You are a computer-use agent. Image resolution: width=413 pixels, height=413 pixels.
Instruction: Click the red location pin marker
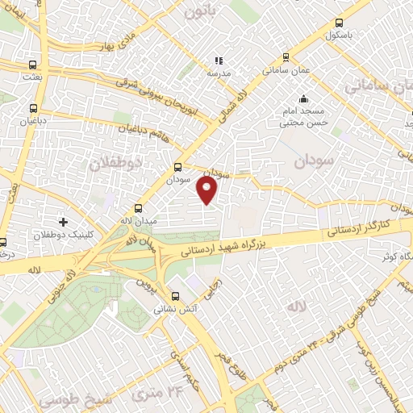pyautogui.click(x=207, y=190)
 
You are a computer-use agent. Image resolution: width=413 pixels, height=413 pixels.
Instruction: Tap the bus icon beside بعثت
pyautogui.click(x=32, y=65)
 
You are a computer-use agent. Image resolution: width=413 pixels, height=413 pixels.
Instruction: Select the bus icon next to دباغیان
pyautogui.click(x=33, y=108)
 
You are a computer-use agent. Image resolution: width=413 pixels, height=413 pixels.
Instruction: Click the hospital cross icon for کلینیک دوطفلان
pyautogui.click(x=63, y=221)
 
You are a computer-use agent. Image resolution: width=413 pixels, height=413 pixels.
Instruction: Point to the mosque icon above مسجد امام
pyautogui.click(x=303, y=99)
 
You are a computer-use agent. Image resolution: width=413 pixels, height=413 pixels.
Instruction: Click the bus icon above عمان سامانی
pyautogui.click(x=286, y=57)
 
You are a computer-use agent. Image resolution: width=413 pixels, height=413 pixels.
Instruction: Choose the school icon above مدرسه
pyautogui.click(x=218, y=60)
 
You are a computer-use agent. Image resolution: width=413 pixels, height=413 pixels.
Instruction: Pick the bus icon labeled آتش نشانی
pyautogui.click(x=177, y=295)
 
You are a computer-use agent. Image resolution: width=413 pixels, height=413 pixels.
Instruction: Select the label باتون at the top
pyautogui.click(x=201, y=11)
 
